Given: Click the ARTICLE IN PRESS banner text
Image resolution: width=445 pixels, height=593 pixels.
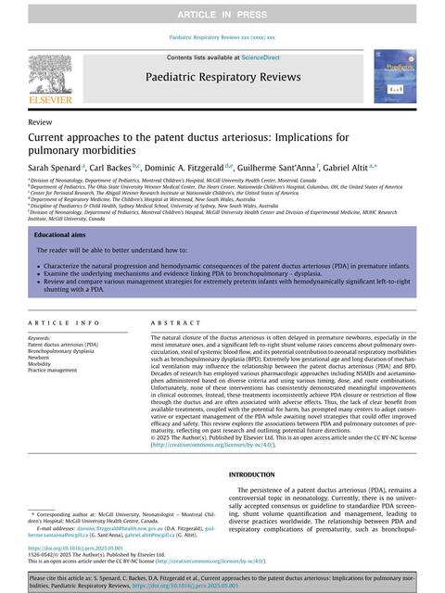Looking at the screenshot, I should (222, 13).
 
